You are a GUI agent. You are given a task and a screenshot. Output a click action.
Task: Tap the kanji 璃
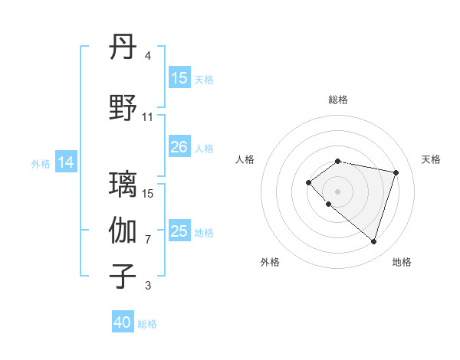coord(123,185)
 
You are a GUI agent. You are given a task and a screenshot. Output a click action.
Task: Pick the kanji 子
coord(123,277)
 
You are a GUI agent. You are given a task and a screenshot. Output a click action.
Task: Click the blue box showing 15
coord(179,78)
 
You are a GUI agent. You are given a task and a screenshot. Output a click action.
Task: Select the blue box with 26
coord(179,147)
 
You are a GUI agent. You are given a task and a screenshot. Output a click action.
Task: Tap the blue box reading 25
coord(179,231)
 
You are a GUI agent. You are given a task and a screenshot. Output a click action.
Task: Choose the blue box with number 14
coord(66,162)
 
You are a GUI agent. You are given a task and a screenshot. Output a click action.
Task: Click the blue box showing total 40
coord(123,322)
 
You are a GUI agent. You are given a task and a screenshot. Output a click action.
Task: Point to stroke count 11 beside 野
coord(148,117)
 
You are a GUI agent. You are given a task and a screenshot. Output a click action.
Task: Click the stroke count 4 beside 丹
coord(148,56)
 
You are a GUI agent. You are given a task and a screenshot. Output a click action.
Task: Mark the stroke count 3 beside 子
coord(148,286)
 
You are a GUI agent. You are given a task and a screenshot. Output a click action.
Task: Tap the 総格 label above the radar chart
coord(338,100)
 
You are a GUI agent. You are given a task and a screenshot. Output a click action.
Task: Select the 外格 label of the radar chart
coord(270,262)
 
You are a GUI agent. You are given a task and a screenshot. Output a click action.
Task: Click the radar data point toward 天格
coord(396,172)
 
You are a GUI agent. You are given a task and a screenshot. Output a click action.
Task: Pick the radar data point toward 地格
coord(373,241)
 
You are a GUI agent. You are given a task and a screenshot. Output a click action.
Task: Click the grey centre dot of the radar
coord(338,191)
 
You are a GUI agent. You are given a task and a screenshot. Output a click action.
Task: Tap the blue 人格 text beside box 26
coord(204,148)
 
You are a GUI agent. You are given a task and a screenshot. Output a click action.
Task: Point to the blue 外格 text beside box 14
coord(41,163)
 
